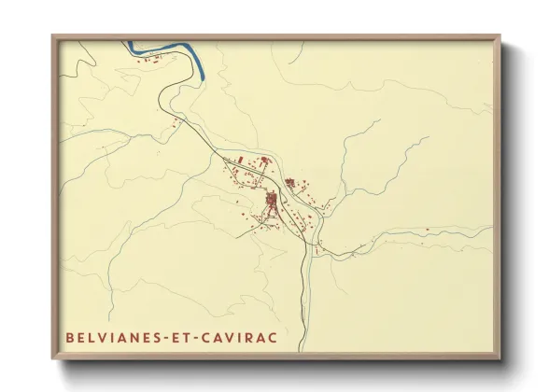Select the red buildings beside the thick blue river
click(x=157, y=60)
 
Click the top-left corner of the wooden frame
click(x=52, y=36)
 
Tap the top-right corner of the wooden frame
click(x=500, y=36)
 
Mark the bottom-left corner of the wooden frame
click(x=52, y=360)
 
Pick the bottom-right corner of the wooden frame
click(x=500, y=360)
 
